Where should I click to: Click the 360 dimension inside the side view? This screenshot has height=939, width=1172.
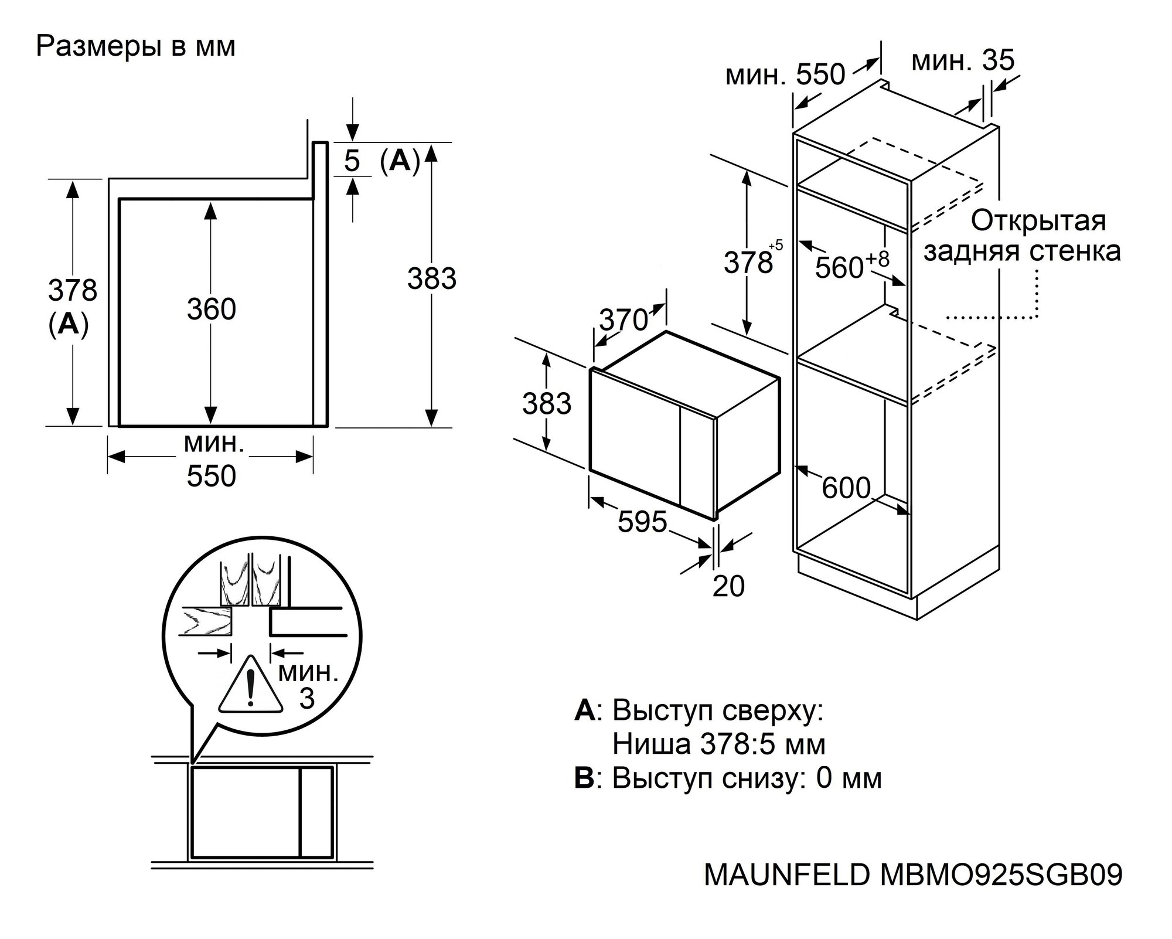coord(211,309)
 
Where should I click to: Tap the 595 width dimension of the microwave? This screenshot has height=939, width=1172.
coord(642,521)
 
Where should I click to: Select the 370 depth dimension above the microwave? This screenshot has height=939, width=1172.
coord(624,320)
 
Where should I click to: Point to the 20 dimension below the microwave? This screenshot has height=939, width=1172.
coord(728,586)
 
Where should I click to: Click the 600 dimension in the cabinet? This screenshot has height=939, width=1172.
coord(846,488)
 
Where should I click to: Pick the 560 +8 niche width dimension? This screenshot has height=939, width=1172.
coord(851,266)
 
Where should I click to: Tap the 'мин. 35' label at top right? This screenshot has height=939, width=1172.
coord(963,61)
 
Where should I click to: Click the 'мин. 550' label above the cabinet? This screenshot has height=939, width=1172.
coord(785,75)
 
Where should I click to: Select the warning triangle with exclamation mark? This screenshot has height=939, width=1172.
coord(250,686)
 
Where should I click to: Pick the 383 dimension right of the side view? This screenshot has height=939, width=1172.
coord(431,278)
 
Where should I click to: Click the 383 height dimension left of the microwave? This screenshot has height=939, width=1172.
coord(546,404)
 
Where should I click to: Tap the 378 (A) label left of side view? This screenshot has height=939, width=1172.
coord(72,306)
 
